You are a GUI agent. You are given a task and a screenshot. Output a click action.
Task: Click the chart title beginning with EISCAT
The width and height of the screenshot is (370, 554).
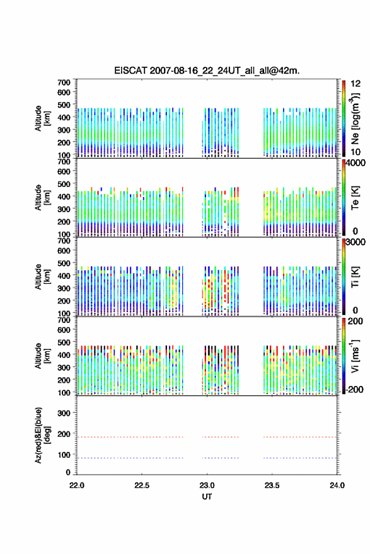pyautogui.click(x=207, y=71)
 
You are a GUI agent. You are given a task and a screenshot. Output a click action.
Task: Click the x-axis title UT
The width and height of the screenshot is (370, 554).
pyautogui.click(x=207, y=497)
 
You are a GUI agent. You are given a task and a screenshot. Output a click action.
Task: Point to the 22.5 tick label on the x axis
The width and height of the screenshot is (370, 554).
pyautogui.click(x=142, y=485)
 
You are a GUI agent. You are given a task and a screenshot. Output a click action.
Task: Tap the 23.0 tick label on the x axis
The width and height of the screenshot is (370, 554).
pyautogui.click(x=207, y=485)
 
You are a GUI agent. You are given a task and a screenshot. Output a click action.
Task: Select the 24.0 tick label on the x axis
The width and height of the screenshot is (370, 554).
pyautogui.click(x=337, y=485)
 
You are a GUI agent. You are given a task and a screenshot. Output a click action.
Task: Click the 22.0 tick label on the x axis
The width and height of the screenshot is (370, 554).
pyautogui.click(x=77, y=485)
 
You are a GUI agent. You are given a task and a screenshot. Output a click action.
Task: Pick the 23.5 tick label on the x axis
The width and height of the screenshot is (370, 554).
pyautogui.click(x=272, y=485)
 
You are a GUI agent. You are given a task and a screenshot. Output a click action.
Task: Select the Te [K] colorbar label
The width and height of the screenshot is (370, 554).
pyautogui.click(x=355, y=198)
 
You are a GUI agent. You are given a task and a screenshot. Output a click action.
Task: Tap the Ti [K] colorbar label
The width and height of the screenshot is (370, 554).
pyautogui.click(x=355, y=277)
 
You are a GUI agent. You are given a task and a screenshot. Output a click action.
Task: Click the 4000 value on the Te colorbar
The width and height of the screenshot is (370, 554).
pyautogui.click(x=356, y=163)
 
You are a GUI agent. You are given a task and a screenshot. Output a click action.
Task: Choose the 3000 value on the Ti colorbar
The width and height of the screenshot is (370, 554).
pyautogui.click(x=356, y=242)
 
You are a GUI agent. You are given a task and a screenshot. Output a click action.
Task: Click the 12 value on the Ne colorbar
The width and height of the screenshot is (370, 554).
pyautogui.click(x=356, y=84)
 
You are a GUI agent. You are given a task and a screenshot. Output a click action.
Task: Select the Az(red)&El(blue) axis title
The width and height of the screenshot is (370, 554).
pyautogui.click(x=42, y=435)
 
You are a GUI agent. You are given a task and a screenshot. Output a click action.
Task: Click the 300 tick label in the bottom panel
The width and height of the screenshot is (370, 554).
pyautogui.click(x=64, y=413)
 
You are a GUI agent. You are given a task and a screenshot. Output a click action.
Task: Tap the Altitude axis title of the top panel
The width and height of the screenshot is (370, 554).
pyautogui.click(x=42, y=118)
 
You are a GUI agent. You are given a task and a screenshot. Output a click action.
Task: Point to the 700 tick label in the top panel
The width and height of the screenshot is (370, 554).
pyautogui.click(x=64, y=82)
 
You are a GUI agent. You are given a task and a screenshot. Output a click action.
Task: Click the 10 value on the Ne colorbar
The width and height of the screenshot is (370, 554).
pyautogui.click(x=356, y=152)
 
